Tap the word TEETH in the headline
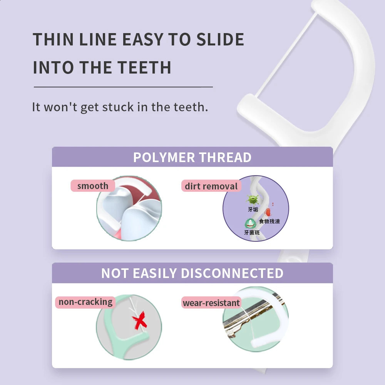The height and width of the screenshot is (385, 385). [144, 67]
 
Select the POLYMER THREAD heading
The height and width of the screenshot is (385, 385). [192, 157]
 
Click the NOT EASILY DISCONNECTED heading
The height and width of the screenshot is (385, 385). [192, 273]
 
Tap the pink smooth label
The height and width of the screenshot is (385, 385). [93, 186]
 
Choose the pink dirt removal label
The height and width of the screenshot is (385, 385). [211, 186]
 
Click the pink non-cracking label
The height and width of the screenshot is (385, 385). [85, 302]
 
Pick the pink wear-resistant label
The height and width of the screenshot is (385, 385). [211, 303]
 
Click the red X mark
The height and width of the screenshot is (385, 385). [140, 320]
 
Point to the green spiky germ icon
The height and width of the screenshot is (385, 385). [253, 199]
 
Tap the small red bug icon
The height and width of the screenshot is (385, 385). [268, 212]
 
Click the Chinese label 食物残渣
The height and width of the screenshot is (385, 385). [269, 221]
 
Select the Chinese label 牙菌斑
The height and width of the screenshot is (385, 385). [252, 232]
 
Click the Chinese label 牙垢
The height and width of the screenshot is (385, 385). [253, 209]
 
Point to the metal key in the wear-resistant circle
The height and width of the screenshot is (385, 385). [253, 317]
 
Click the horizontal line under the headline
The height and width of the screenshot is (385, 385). [123, 87]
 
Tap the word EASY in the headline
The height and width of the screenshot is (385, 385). [143, 39]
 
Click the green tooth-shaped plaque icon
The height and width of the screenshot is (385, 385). [250, 223]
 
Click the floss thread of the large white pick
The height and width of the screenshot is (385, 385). [286, 54]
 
